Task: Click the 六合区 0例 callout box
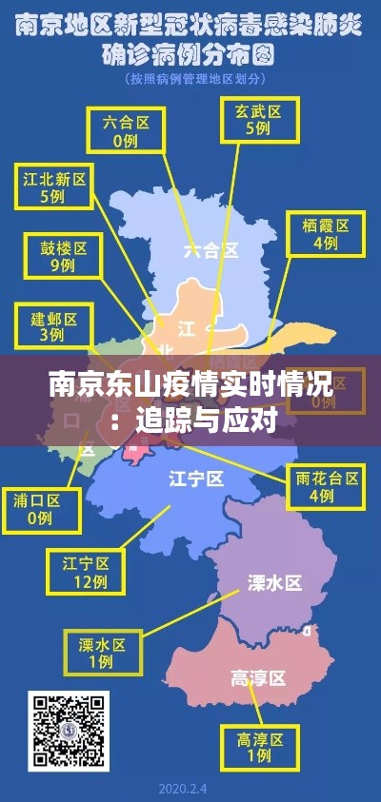125,130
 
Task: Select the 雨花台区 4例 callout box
327,486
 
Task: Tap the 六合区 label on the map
211,250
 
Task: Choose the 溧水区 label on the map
274,582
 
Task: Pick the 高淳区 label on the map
258,677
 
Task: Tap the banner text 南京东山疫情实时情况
190,386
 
